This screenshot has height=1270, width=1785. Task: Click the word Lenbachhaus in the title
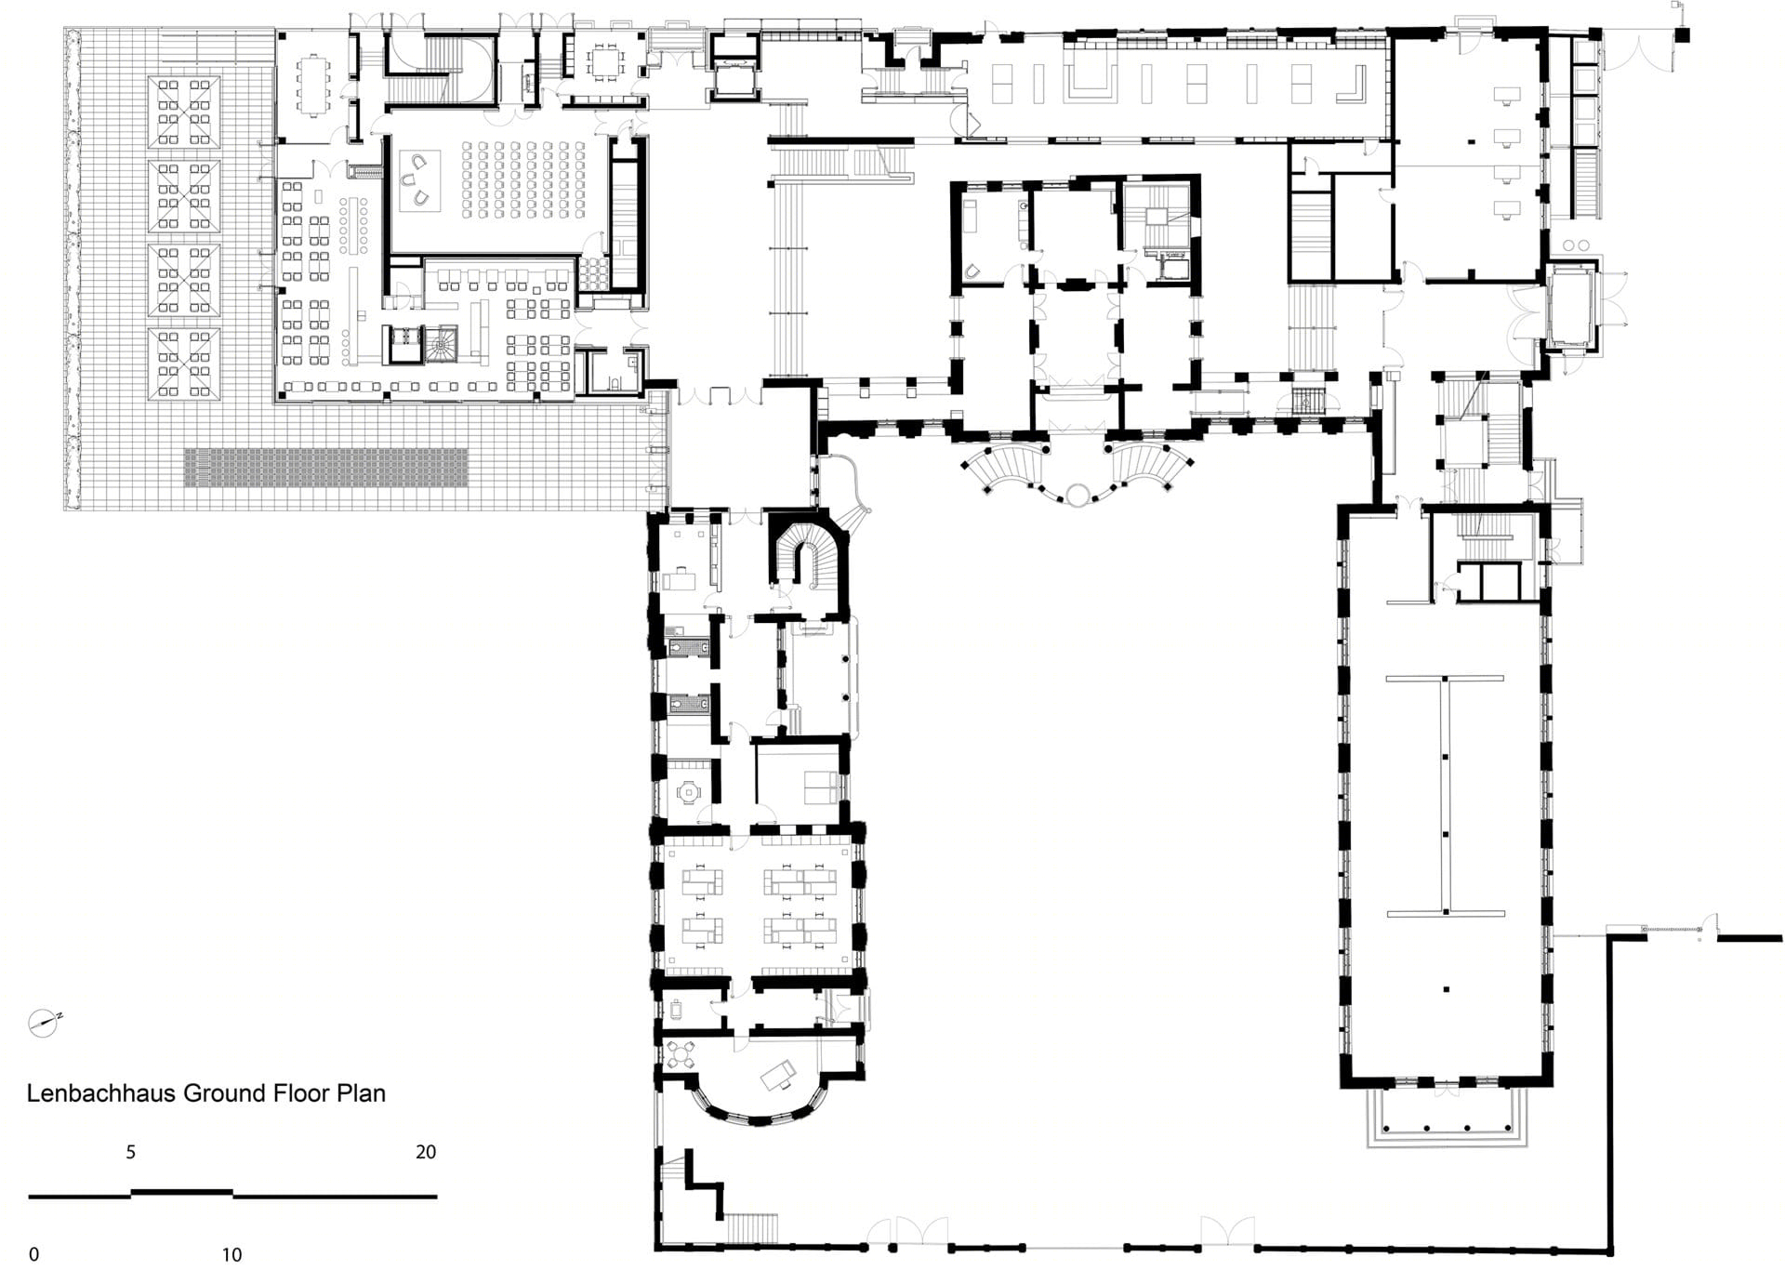click(x=101, y=1093)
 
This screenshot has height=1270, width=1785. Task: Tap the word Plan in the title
click(x=361, y=1093)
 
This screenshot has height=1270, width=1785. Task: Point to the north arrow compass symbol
click(x=44, y=1023)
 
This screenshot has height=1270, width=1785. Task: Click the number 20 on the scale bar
click(x=426, y=1152)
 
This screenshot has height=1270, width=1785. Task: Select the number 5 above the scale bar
click(x=131, y=1152)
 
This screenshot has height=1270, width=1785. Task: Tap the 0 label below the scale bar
click(x=34, y=1255)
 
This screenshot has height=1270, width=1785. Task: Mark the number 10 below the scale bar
click(x=231, y=1255)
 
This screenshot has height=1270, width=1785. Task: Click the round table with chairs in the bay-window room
click(x=681, y=1054)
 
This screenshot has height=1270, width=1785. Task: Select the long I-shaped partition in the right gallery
click(x=1445, y=796)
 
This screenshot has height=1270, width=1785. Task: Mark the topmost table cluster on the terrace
click(x=184, y=113)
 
